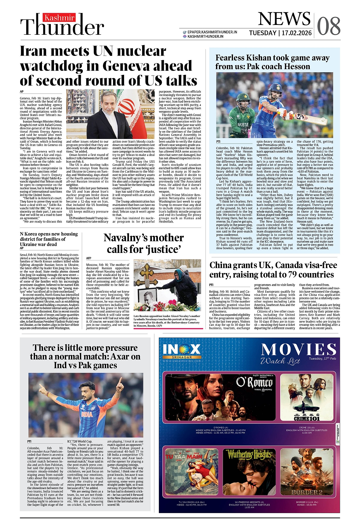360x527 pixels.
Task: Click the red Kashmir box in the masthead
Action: tap(59, 18)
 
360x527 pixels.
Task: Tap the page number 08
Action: tap(329, 26)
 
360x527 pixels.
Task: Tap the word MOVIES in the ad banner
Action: tap(298, 350)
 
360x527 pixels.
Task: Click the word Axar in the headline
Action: tap(121, 356)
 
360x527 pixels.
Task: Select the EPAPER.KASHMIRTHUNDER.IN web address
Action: tap(212, 32)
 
